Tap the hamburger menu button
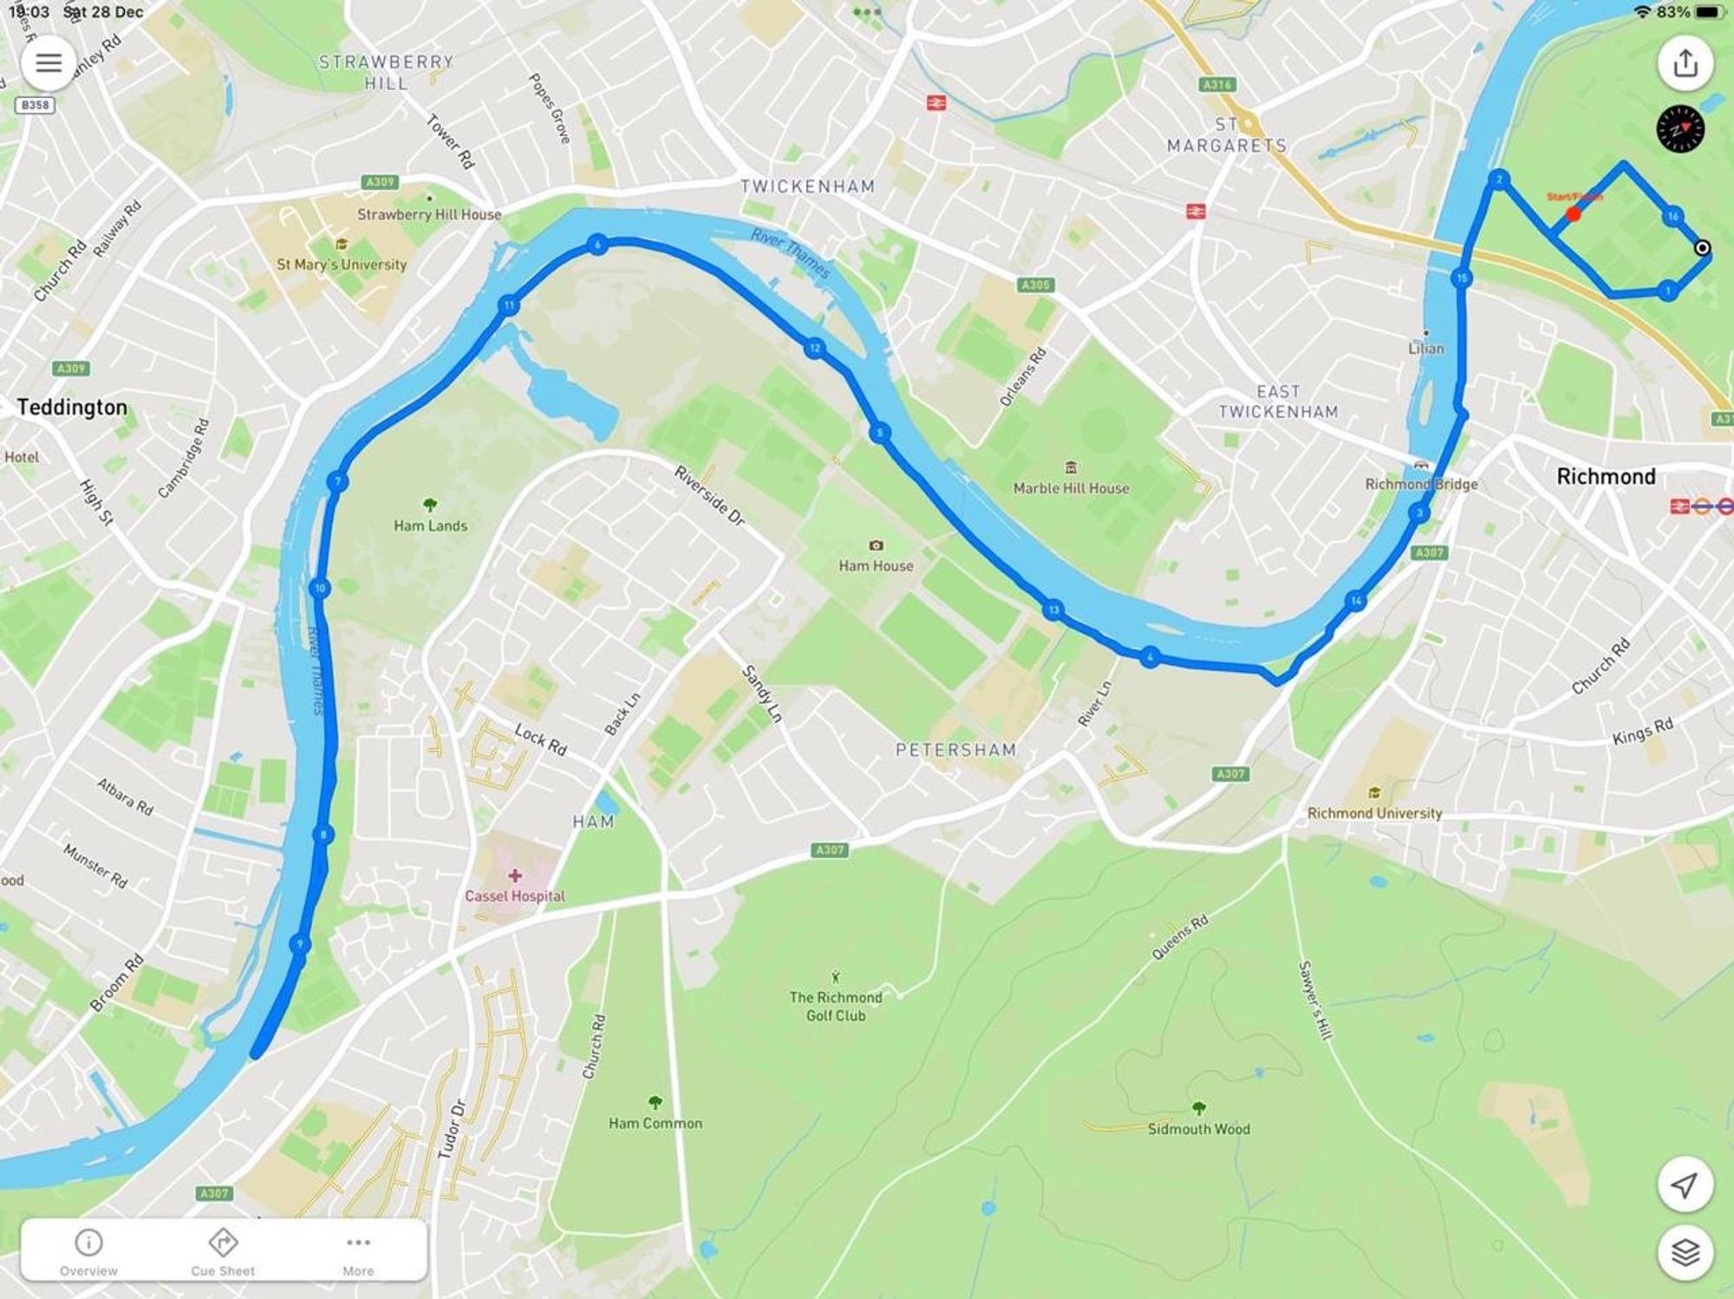48,62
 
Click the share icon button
1685,62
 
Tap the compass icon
1680,129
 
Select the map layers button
1685,1251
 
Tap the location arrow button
1685,1185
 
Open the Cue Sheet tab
223,1251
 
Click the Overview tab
88,1251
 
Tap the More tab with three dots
358,1251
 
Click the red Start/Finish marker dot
1573,213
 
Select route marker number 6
596,245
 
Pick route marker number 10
320,588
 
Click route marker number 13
1053,610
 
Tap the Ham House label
876,565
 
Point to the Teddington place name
72,408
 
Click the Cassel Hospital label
514,896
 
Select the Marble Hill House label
1071,488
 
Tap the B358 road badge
35,105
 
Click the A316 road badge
1217,84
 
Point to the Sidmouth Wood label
1198,1128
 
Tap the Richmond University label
1374,813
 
